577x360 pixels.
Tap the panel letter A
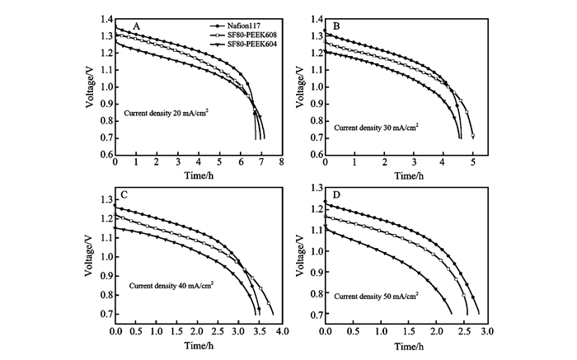pos(136,27)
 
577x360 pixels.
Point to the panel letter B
pos(336,27)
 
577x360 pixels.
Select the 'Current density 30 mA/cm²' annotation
pos(376,128)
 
